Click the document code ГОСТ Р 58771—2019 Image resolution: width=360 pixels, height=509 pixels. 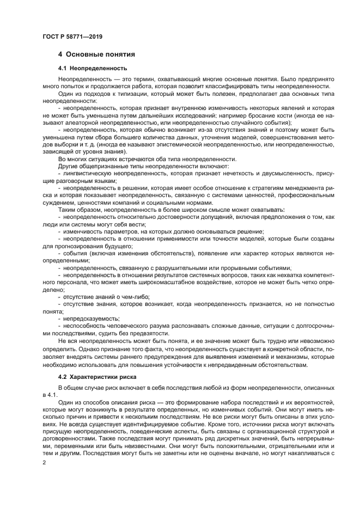pos(72,36)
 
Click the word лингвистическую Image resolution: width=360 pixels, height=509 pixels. pos(89,173)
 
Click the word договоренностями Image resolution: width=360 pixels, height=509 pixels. pos(68,437)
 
